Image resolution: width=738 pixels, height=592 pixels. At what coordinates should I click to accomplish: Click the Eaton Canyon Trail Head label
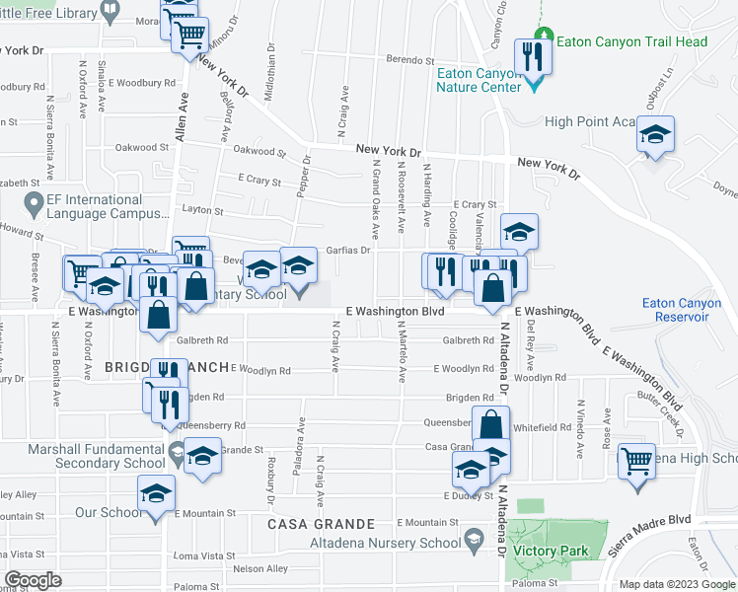point(632,42)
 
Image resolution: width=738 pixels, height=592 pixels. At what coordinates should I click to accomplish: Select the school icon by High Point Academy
point(654,137)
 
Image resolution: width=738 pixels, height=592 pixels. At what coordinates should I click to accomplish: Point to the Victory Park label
point(556,550)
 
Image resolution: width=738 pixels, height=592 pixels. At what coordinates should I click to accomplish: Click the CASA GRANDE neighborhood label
point(322,524)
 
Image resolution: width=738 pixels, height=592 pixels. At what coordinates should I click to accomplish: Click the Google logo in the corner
point(34,580)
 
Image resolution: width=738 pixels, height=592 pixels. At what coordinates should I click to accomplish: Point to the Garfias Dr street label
point(350,251)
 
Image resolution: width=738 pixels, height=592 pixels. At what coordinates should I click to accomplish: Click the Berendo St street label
point(411,60)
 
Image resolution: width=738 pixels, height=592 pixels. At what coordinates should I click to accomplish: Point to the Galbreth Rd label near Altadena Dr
point(468,340)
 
